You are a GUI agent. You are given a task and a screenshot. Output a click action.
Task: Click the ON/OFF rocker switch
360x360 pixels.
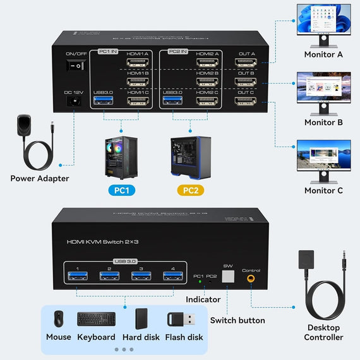pyautogui.click(x=76, y=65)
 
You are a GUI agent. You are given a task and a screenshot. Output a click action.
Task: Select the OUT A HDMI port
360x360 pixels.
pyautogui.click(x=246, y=63)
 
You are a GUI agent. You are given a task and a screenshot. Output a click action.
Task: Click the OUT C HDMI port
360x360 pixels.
pyautogui.click(x=246, y=101)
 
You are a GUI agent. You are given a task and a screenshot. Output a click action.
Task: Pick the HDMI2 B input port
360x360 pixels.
pyautogui.click(x=207, y=82)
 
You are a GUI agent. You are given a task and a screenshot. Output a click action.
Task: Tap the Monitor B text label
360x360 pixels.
pyautogui.click(x=323, y=123)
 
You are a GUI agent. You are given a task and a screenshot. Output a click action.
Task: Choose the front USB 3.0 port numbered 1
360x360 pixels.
pyautogui.click(x=78, y=275)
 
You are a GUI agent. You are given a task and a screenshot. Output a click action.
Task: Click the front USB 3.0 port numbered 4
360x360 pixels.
pyautogui.click(x=170, y=275)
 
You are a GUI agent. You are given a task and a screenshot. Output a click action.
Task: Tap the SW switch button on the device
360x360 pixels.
pyautogui.click(x=229, y=275)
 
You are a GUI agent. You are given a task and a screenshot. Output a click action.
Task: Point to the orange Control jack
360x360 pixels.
pyautogui.click(x=252, y=277)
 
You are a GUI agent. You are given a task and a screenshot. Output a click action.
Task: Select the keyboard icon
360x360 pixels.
pyautogui.click(x=97, y=319)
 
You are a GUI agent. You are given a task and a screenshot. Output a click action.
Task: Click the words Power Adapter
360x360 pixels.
pyautogui.click(x=40, y=178)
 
